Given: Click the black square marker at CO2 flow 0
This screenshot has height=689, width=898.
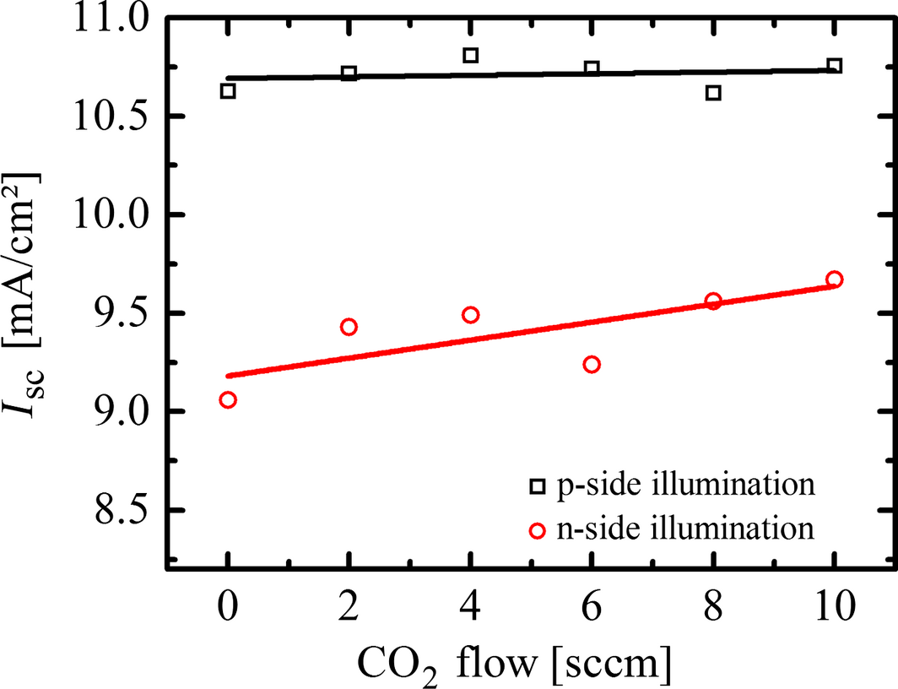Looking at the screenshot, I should coord(228,91).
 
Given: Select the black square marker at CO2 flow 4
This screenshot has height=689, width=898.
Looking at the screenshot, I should coord(471,56).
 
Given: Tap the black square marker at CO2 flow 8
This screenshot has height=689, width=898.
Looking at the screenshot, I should coord(713,93).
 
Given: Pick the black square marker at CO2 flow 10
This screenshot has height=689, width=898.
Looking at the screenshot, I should coord(835,66).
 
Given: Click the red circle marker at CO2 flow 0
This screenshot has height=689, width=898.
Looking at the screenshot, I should coord(228,400).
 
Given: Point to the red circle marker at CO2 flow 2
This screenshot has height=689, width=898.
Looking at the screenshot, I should coord(349,327).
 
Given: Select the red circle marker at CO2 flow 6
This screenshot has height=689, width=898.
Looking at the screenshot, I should coord(592,365).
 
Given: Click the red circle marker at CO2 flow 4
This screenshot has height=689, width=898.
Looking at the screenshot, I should coord(471,315).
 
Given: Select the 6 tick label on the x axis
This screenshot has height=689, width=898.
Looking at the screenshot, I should coord(592,606).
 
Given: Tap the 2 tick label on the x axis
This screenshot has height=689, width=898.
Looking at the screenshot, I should coord(349,606).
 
